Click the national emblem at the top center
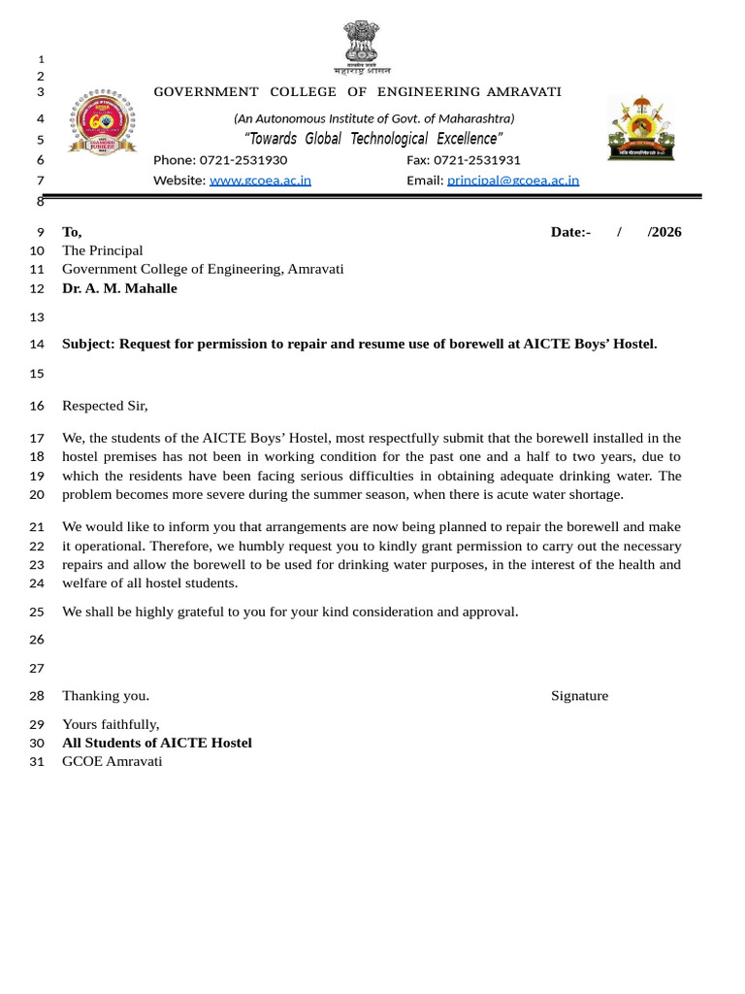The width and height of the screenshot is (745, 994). pos(362,44)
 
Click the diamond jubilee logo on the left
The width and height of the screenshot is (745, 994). pos(101,122)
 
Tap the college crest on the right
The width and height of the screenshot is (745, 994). pos(640,127)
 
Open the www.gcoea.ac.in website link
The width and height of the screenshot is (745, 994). pos(260,181)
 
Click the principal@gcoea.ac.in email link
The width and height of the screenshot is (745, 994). pos(512,181)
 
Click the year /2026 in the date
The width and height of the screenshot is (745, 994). pos(664,232)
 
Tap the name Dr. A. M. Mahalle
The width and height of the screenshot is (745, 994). pos(119,288)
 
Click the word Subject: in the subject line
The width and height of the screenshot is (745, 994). pos(88,344)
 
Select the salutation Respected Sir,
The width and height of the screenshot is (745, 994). pos(105,406)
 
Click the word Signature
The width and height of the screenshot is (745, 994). pos(579,696)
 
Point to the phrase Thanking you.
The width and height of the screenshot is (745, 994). pos(105,696)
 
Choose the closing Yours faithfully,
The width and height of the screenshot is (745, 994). pos(111,724)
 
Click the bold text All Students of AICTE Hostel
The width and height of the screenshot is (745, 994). pos(156,743)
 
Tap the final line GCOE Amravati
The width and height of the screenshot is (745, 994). pos(112,761)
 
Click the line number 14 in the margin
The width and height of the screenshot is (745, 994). pos(37,345)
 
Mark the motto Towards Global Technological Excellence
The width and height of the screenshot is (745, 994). pos(373,139)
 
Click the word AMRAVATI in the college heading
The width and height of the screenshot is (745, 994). pos(523,92)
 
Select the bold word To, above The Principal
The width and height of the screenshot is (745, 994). pos(72,232)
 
